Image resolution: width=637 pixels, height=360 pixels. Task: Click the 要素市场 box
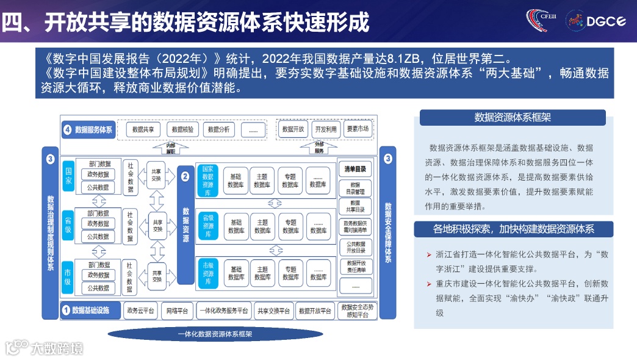357,129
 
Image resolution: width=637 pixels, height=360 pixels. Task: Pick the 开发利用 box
325,129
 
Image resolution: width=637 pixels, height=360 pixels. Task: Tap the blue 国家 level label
68,176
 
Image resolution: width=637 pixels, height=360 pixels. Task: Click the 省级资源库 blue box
207,225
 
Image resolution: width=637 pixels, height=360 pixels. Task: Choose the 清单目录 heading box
355,169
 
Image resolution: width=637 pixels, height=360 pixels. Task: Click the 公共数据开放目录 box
355,247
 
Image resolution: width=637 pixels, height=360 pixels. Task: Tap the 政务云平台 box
141,311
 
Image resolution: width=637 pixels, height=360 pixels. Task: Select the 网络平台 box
178,311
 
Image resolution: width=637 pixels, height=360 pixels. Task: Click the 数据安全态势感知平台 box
356,311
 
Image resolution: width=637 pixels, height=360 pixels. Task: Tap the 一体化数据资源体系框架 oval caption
215,334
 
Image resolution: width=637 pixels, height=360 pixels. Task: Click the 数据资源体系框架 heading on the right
512,117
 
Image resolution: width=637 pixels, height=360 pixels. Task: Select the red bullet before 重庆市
430,284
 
